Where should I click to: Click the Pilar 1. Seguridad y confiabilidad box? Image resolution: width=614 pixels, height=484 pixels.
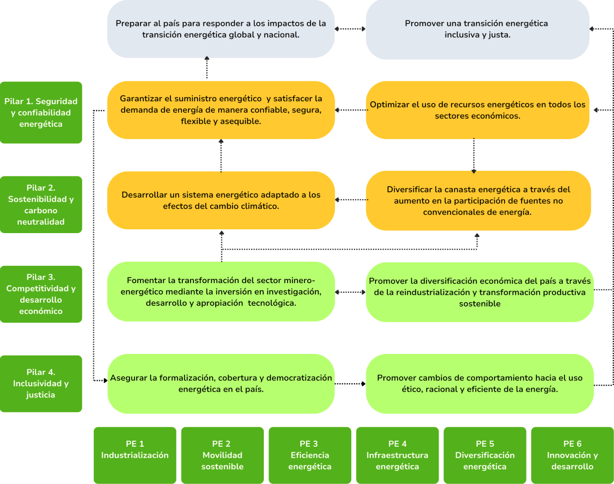point(41,113)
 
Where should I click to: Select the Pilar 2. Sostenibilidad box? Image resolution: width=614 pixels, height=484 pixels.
point(41,205)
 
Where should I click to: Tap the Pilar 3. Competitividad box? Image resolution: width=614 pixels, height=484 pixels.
point(41,294)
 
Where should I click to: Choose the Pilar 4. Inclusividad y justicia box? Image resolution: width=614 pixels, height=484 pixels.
point(41,384)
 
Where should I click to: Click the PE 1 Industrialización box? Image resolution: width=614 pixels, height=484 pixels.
point(135,455)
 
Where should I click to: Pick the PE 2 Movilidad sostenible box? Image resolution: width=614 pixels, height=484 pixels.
point(222,455)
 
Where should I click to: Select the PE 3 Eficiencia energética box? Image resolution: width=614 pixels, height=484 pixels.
point(310,455)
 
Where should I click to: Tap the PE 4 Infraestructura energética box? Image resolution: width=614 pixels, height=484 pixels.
point(397,455)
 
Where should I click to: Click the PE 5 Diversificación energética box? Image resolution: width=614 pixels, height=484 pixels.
point(485,455)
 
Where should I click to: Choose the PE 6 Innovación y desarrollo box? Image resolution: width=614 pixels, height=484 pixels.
point(572,455)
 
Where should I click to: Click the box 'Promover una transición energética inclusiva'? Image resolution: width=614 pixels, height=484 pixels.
point(477,29)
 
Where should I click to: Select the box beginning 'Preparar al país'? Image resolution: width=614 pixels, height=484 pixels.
point(221,29)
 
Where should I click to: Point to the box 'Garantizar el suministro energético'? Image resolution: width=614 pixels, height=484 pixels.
point(221,110)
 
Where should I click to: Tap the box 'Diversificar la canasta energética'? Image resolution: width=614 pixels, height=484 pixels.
point(478,200)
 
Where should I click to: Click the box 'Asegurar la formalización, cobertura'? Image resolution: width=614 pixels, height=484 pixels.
point(221,384)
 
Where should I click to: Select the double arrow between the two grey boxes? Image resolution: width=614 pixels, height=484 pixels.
point(350,29)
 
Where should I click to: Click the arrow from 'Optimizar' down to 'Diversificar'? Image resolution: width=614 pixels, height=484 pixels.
point(474,155)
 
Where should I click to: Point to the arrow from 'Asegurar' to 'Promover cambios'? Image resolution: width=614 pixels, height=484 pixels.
point(350,384)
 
